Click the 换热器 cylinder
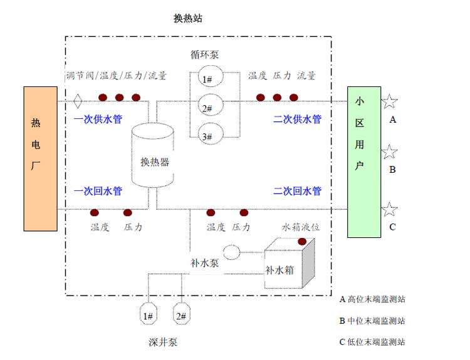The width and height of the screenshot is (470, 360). click(x=153, y=157)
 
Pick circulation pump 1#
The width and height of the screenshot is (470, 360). click(x=207, y=79)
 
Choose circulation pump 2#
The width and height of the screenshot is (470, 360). click(x=207, y=108)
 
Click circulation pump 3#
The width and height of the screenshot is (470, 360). click(x=207, y=136)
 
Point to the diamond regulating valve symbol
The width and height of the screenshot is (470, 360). click(x=78, y=99)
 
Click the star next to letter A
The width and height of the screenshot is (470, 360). click(x=389, y=101)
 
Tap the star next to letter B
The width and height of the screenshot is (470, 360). click(x=390, y=152)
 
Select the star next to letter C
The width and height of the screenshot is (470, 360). click(x=390, y=210)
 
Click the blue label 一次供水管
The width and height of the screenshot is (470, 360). click(x=97, y=119)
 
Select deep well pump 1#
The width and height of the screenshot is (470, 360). click(x=149, y=316)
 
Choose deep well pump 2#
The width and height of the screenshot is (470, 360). click(x=181, y=316)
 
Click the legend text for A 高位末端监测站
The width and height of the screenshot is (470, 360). click(x=372, y=299)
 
